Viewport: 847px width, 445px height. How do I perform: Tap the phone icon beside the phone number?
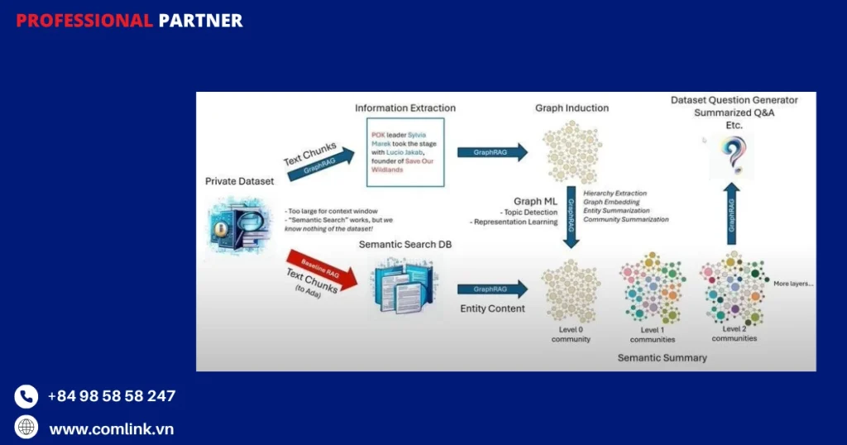click(x=26, y=396)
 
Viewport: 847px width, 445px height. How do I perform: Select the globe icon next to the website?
click(x=26, y=428)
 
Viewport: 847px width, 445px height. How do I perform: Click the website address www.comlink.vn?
click(x=112, y=428)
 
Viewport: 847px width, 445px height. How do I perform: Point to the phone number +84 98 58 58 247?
click(x=112, y=396)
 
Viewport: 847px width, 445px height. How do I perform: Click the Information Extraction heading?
click(x=405, y=108)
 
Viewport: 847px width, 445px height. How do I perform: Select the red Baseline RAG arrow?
click(x=323, y=270)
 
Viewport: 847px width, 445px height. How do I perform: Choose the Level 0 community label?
click(x=571, y=334)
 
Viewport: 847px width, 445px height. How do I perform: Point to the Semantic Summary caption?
click(x=662, y=357)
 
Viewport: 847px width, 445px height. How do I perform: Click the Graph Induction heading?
click(x=572, y=108)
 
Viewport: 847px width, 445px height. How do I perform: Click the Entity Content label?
click(x=492, y=309)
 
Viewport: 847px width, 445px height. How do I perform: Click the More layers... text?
click(x=792, y=284)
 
